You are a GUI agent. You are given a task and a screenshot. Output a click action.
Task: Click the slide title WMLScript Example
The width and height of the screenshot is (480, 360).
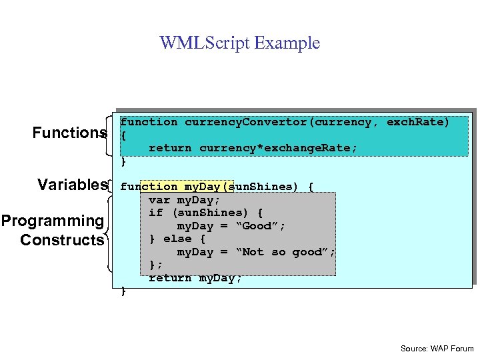pyautogui.click(x=239, y=43)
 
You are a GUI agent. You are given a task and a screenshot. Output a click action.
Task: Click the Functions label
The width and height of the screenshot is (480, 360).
pyautogui.click(x=69, y=133)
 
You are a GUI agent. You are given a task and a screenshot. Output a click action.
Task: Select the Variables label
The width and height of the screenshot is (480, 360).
pyautogui.click(x=73, y=185)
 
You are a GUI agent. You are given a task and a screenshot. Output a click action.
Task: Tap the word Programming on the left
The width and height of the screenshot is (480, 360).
pyautogui.click(x=53, y=221)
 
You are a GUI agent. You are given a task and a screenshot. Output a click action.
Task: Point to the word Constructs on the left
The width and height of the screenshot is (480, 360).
pyautogui.click(x=62, y=240)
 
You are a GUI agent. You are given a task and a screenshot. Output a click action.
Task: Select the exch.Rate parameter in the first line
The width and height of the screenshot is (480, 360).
pyautogui.click(x=418, y=122)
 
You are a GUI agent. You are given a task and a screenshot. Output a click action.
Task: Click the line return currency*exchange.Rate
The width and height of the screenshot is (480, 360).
pyautogui.click(x=253, y=148)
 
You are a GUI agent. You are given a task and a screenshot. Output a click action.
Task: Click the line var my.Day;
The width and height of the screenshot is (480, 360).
pyautogui.click(x=184, y=199)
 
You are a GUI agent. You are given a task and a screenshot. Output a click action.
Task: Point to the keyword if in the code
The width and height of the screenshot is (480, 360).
pyautogui.click(x=155, y=213)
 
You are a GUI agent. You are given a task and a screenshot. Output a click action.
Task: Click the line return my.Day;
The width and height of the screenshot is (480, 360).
pyautogui.click(x=195, y=278)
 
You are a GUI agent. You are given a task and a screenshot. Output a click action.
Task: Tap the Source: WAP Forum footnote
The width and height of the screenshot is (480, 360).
pyautogui.click(x=437, y=348)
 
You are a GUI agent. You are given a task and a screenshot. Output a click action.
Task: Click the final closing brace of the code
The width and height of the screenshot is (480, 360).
pyautogui.click(x=123, y=291)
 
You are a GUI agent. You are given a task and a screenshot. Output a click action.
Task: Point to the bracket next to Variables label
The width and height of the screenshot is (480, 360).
pyautogui.click(x=111, y=185)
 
